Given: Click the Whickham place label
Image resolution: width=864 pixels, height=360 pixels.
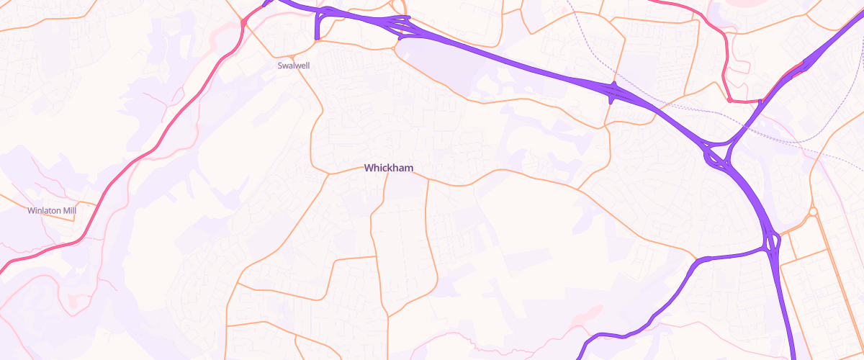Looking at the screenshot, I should point(389,168).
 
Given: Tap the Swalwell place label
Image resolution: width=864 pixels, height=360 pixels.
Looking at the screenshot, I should point(294,65).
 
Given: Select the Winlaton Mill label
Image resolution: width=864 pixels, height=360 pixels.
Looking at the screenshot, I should point(51,211).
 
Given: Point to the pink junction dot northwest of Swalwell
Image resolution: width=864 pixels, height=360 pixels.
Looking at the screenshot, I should point(244,24).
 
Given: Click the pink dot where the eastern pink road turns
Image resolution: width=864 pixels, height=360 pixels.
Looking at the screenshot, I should point(729,100).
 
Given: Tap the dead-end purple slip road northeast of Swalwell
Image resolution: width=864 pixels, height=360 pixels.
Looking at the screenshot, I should point(318,29).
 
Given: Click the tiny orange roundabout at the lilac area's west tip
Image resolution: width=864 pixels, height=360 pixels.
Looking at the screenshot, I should point(395,49).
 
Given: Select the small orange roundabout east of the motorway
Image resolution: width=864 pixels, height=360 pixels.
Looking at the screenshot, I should point(813,212).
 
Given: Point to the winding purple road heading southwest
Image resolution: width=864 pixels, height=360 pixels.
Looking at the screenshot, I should point(648,317).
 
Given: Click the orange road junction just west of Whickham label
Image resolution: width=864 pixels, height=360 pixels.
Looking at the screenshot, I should point(329,174).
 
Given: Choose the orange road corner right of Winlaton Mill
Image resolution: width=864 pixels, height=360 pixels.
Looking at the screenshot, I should point(96,203).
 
